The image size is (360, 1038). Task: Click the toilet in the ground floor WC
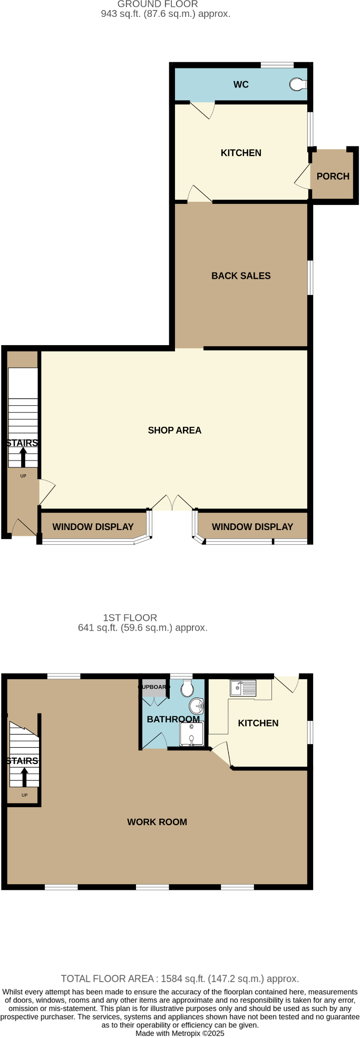[x=298, y=84]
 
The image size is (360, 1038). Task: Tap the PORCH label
[x=333, y=176]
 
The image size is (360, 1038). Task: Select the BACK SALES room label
[x=241, y=276]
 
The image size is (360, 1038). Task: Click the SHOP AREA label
[x=174, y=430]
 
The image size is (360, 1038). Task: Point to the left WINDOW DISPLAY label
[x=93, y=526]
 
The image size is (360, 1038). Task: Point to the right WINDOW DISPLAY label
[x=252, y=526]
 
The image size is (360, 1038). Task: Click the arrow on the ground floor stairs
[x=23, y=456]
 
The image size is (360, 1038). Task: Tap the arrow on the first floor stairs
[x=24, y=777]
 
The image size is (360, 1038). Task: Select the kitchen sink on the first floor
[x=243, y=688]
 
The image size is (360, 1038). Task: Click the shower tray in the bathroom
[x=191, y=733]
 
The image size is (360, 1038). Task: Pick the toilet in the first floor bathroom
[x=187, y=688]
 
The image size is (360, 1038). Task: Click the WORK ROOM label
[x=157, y=821]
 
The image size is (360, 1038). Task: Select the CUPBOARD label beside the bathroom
[x=154, y=687]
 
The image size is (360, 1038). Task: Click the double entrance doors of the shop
[x=172, y=503]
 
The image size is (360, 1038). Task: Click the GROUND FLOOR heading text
[x=158, y=4]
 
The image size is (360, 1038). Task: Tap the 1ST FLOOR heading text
[x=130, y=618]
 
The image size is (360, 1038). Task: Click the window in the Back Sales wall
[x=310, y=277]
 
